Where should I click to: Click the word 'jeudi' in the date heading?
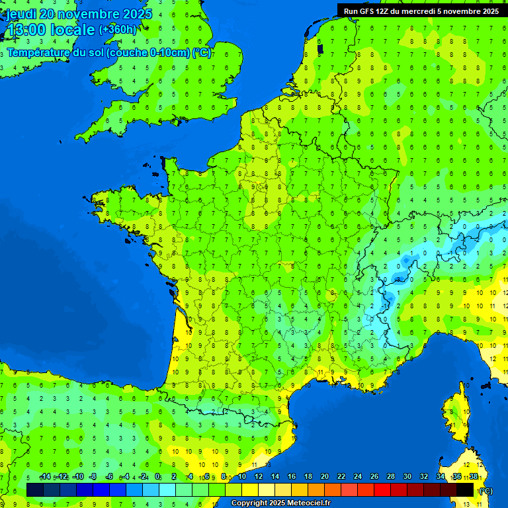[x=21, y=14]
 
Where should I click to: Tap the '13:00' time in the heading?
[x=25, y=30]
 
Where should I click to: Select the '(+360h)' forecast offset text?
[x=118, y=30]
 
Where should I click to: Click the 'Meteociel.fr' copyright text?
[x=305, y=503]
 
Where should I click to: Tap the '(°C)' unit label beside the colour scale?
[x=485, y=491]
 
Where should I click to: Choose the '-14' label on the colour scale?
[x=45, y=477]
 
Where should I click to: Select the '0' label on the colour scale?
[x=157, y=477]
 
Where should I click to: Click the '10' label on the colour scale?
[x=242, y=477]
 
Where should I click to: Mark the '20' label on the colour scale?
[x=325, y=477]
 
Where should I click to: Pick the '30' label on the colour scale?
[x=407, y=477]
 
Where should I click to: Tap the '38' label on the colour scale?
[x=474, y=477]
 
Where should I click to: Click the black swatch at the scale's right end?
[x=466, y=489]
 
